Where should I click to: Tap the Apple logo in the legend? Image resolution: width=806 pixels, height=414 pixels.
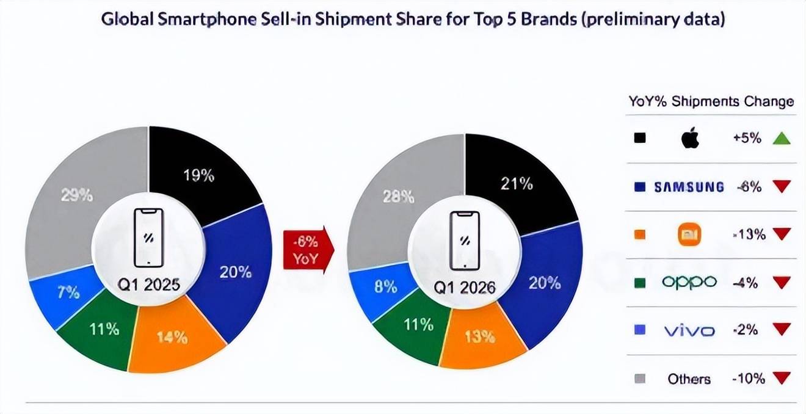pos(689,139)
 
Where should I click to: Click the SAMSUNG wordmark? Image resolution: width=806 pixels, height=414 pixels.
pos(689,187)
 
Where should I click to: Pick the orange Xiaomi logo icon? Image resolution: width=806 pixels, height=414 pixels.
pos(690,234)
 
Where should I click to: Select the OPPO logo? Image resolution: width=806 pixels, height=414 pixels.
pos(689,282)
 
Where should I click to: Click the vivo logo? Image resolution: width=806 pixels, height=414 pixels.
pos(689,330)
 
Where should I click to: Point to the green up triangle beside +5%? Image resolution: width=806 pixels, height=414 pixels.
pos(781,139)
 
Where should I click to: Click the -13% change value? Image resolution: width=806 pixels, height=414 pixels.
pos(748,234)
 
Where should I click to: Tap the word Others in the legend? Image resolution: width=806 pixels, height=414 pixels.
pos(689,379)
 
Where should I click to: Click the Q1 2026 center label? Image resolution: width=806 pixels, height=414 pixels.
pos(464,287)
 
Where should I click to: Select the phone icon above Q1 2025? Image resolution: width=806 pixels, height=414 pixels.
pos(149,238)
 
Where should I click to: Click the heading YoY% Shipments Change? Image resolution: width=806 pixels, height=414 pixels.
pos(711,101)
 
